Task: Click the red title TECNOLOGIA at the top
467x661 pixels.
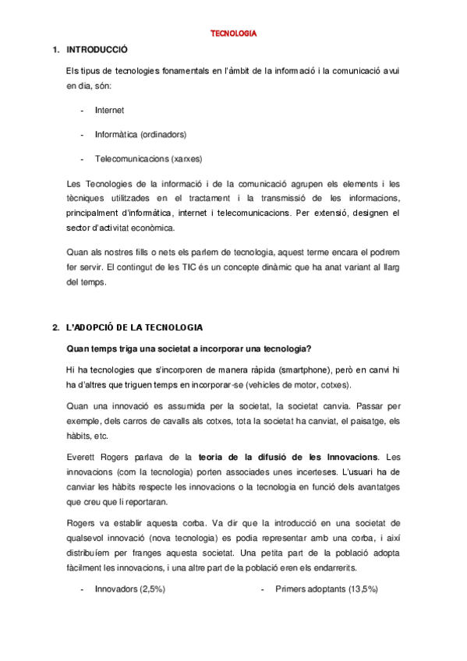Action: pyautogui.click(x=233, y=34)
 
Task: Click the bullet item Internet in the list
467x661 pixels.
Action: pyautogui.click(x=109, y=111)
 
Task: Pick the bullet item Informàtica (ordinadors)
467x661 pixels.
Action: pyautogui.click(x=140, y=134)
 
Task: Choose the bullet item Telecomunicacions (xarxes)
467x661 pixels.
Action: pyautogui.click(x=148, y=158)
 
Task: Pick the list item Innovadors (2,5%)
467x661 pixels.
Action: pyautogui.click(x=129, y=589)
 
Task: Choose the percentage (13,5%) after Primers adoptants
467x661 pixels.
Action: pyautogui.click(x=363, y=589)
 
